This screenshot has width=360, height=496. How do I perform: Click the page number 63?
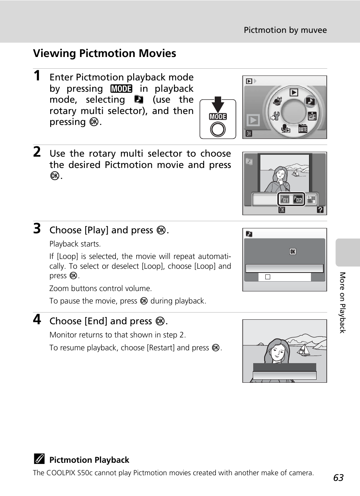tap(338, 478)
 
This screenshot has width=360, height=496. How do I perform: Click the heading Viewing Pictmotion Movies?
tap(105, 53)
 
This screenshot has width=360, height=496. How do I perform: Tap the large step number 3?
tap(37, 228)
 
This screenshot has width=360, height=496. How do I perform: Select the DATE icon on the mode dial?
tap(303, 129)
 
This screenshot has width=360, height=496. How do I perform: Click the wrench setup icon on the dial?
tap(275, 116)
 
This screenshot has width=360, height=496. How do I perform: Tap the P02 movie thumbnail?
tap(298, 199)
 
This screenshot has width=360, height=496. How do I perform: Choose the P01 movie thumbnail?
tap(285, 199)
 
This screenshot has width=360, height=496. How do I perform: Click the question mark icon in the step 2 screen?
tap(320, 210)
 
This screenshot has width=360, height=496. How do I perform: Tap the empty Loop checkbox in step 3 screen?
tap(268, 277)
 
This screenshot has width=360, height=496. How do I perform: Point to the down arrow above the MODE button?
tap(218, 104)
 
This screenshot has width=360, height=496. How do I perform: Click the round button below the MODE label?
tap(218, 129)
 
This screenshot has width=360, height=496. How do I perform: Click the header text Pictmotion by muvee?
tap(285, 30)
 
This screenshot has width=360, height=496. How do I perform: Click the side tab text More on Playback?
tap(342, 302)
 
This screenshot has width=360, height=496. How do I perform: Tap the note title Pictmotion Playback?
tap(89, 460)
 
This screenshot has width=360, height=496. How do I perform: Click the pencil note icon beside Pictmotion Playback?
tap(38, 459)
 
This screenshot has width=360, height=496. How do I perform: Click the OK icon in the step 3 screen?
tap(292, 251)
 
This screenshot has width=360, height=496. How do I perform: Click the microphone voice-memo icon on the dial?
tap(286, 129)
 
